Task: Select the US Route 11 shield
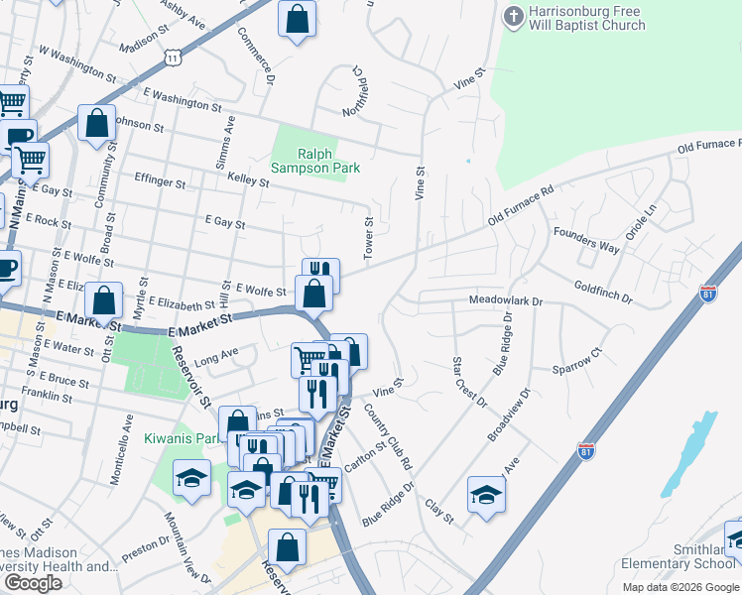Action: click(x=174, y=58)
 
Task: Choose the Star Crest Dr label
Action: click(x=469, y=382)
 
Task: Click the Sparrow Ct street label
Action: click(x=582, y=361)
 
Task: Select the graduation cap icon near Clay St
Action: click(x=486, y=494)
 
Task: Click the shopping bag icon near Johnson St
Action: click(x=97, y=124)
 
